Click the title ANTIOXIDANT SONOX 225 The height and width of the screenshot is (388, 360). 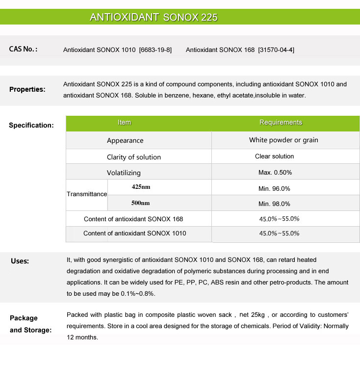[x=154, y=17]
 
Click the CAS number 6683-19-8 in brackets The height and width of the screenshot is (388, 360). [x=155, y=50]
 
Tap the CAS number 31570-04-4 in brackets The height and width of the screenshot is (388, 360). [x=276, y=50]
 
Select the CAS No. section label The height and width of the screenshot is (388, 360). [x=24, y=49]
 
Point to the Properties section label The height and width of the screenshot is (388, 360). [x=27, y=89]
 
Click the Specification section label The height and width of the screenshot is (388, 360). [x=31, y=125]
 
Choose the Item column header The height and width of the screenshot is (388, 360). [x=125, y=123]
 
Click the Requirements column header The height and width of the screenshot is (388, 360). [x=281, y=123]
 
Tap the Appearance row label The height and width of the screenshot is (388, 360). [x=125, y=140]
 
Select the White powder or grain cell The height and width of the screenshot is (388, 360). [x=283, y=140]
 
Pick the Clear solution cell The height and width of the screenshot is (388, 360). [x=275, y=156]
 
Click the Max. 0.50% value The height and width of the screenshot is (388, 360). [x=275, y=173]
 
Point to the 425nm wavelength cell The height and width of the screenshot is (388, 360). [x=141, y=187]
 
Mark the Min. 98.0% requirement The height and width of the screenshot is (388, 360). [x=275, y=204]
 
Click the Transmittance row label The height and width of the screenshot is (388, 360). [x=87, y=194]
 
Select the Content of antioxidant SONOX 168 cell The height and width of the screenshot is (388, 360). [x=133, y=219]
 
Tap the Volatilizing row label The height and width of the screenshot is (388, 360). [x=124, y=173]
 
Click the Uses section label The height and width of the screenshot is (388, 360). [x=20, y=261]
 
